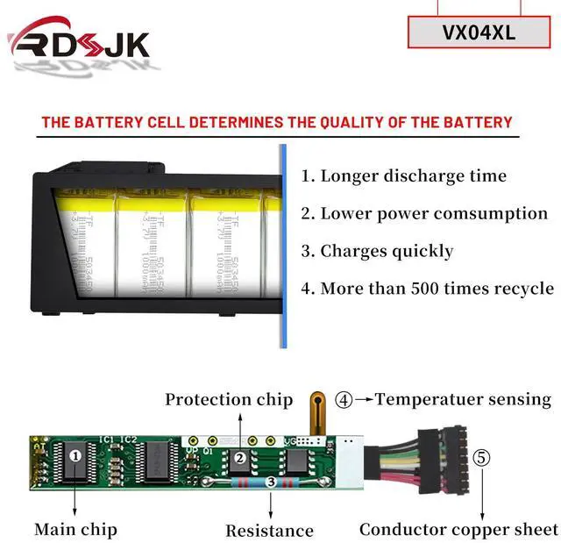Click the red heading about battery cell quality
pyautogui.click(x=276, y=122)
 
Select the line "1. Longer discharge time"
pyautogui.click(x=403, y=175)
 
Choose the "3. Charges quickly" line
pyautogui.click(x=377, y=251)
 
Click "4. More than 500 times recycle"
pyautogui.click(x=427, y=289)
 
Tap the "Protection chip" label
pyautogui.click(x=229, y=400)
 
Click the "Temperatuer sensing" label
pyautogui.click(x=463, y=399)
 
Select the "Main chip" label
pyautogui.click(x=75, y=529)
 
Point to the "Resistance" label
pyautogui.click(x=269, y=530)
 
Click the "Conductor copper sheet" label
pyautogui.click(x=458, y=529)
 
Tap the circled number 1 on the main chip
pyautogui.click(x=75, y=456)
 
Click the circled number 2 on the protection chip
pyautogui.click(x=236, y=456)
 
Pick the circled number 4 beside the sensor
pyautogui.click(x=344, y=400)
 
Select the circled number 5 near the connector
pyautogui.click(x=481, y=457)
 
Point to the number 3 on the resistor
pyautogui.click(x=271, y=482)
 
